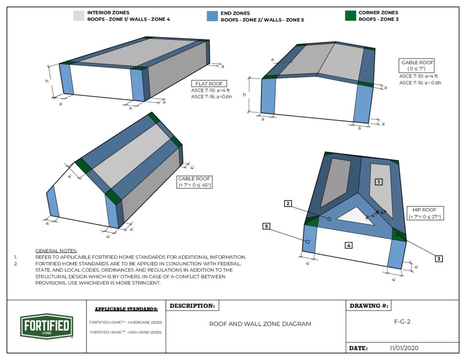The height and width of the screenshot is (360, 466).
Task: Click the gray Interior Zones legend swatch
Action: [79, 16]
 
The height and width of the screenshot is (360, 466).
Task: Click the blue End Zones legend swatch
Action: [213, 16]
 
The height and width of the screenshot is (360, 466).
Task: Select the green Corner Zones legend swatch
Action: [350, 16]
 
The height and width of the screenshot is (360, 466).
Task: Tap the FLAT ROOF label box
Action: [206, 84]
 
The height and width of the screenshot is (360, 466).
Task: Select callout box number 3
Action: [439, 259]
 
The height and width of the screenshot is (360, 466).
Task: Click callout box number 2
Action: [288, 203]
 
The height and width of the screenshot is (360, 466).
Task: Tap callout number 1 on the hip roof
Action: [378, 182]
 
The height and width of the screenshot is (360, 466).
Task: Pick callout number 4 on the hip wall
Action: [348, 245]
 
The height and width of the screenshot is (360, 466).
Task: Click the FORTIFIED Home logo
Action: [47, 326]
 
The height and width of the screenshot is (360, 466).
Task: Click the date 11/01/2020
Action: [404, 348]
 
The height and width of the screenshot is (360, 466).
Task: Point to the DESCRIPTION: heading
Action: [192, 306]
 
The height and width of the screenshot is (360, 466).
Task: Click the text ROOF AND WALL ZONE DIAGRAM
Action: [260, 324]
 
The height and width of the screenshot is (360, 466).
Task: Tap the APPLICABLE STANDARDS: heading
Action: [126, 309]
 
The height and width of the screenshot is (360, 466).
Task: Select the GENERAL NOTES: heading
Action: [56, 251]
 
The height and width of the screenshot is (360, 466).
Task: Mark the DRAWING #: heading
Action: [369, 306]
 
